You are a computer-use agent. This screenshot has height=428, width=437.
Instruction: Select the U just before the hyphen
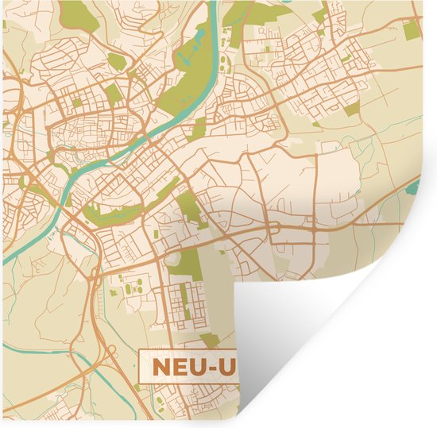pos(199,367)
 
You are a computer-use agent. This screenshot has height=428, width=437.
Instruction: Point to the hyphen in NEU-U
pos(216,368)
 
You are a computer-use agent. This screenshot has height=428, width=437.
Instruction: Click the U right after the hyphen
pos(230,368)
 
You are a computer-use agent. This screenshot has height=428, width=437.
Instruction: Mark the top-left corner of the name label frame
pos(140,352)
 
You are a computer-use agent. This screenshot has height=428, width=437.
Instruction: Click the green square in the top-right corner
pos(411,30)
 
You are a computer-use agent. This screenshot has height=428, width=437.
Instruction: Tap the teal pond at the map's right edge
pos(414,188)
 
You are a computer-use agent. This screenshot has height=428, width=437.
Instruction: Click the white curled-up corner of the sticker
pos(334,334)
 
